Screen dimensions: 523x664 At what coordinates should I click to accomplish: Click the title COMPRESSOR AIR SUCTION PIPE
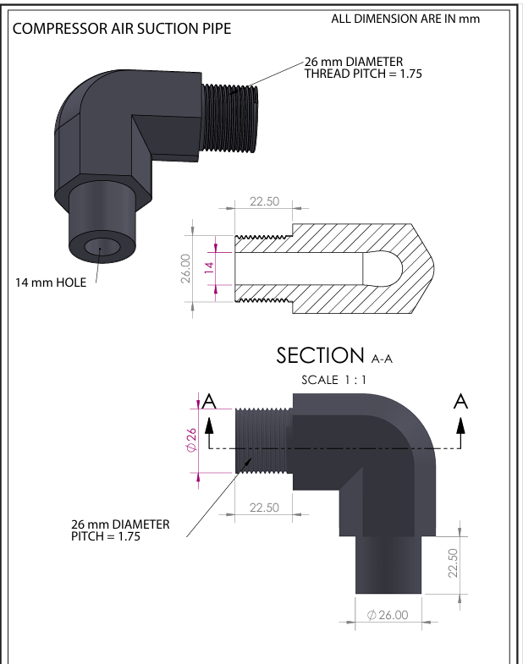122,29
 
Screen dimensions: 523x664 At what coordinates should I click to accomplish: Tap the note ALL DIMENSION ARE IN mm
405,19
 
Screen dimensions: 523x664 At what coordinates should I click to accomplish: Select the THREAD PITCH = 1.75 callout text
363,74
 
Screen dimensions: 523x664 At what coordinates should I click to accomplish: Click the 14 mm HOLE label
51,283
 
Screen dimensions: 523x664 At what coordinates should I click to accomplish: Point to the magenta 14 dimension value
209,267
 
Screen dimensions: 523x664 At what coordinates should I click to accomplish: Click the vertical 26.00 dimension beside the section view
185,268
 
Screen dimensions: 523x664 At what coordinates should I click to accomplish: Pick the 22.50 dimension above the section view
265,201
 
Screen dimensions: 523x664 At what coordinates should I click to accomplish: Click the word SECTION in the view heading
321,355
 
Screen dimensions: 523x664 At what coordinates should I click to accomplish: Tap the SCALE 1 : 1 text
333,380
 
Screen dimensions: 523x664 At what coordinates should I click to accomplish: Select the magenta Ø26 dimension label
191,440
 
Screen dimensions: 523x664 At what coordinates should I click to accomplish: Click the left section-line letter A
209,401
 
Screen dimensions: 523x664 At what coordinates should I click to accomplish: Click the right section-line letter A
460,401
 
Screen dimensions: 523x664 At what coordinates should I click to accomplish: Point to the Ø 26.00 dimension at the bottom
388,615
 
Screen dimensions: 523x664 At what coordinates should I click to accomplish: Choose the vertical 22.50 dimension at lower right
453,562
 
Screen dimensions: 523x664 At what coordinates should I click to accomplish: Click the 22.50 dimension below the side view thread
265,508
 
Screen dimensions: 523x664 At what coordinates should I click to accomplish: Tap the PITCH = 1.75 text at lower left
106,536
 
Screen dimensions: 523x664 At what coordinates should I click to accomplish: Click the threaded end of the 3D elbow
228,118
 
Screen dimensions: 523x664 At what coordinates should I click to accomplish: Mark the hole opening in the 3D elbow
101,247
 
